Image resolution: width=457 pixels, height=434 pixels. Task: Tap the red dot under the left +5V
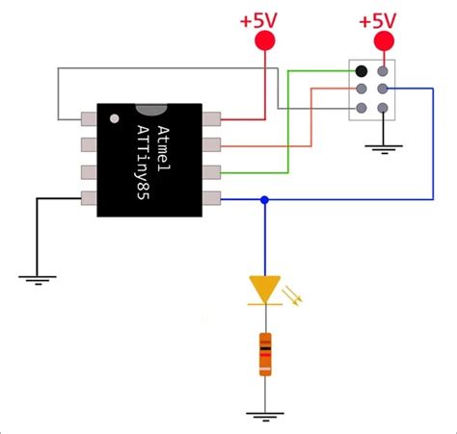264,41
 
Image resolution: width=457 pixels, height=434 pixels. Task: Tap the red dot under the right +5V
385,41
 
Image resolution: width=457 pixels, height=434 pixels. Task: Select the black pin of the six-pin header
361,71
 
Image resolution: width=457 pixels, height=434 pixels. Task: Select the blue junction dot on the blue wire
264,199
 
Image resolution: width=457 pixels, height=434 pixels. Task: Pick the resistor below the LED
264,353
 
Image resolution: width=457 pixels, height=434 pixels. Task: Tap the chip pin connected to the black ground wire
88,199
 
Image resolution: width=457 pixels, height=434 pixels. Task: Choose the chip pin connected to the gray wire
88,120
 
